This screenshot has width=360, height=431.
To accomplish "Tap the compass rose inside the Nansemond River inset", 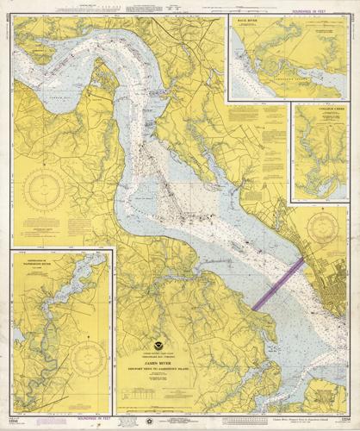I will tap(89, 354).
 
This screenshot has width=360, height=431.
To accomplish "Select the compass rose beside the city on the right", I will tap(322, 227).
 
